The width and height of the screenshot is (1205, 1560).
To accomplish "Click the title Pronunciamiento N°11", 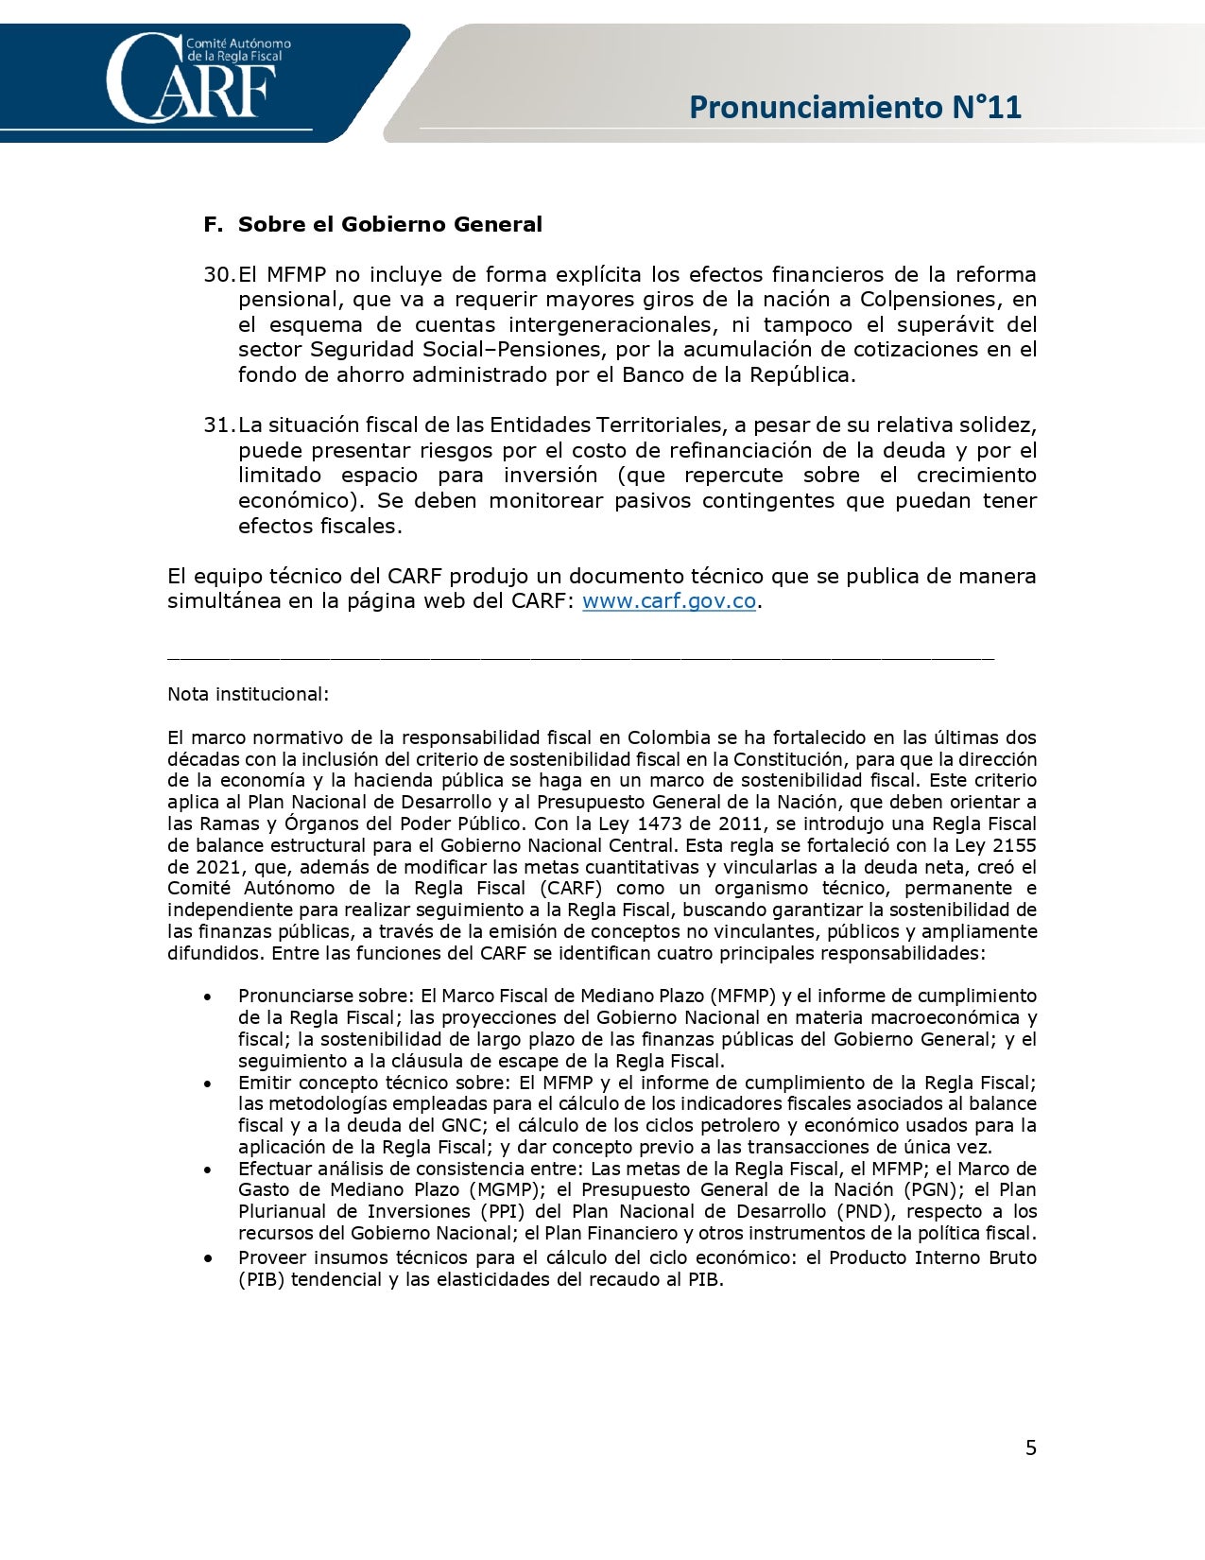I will pos(855,107).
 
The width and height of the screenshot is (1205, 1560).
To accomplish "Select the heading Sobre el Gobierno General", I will pos(389,225).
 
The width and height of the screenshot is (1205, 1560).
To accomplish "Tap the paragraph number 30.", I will pos(218,275).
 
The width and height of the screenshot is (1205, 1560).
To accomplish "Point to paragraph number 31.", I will pos(218,425).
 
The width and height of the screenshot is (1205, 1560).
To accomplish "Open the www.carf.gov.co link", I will pos(668,601).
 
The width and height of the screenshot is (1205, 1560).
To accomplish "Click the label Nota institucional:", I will pos(248,694).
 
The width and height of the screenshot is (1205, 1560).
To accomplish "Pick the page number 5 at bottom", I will pos(1031,1447).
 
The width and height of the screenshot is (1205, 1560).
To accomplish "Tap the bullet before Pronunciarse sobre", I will pos(207,997).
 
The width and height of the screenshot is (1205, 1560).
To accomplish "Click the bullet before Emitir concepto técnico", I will pos(207,1083).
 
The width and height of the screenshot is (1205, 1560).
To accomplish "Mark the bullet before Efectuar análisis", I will pos(207,1170).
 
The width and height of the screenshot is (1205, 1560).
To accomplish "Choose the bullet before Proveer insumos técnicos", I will pos(207,1258).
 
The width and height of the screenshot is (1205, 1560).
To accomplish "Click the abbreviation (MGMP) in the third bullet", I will pos(507,1190).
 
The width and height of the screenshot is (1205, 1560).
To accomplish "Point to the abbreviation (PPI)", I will pos(504,1212).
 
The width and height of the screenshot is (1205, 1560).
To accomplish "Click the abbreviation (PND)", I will pos(866,1212).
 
